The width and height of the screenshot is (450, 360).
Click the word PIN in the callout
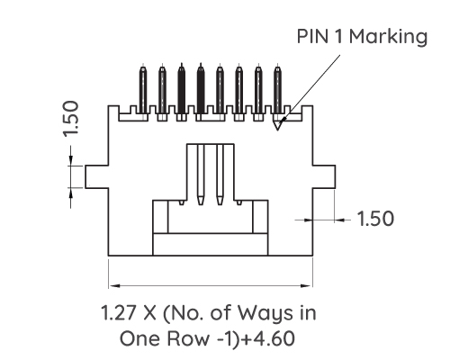click(x=314, y=37)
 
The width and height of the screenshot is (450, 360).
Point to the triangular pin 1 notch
click(x=279, y=123)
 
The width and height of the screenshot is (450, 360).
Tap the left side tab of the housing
click(x=96, y=176)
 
